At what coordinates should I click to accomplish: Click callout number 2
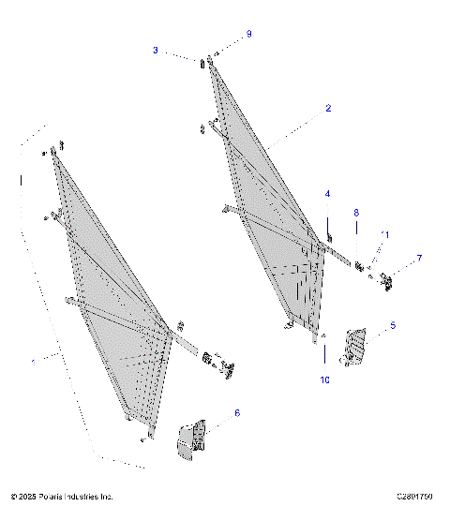tap(328, 109)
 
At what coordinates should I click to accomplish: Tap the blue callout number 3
tap(156, 50)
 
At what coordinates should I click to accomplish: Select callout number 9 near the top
tap(248, 34)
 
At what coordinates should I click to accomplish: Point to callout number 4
tap(327, 194)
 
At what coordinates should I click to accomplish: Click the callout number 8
tap(356, 213)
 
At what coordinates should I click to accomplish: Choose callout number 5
tap(392, 325)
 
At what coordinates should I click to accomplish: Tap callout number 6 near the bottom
tap(236, 412)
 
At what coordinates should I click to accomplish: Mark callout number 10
tap(324, 379)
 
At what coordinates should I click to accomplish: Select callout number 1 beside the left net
tap(35, 361)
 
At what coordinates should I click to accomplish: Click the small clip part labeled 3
tap(202, 64)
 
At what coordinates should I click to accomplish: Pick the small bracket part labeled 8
tap(358, 266)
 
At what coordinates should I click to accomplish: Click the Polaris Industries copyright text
tap(62, 496)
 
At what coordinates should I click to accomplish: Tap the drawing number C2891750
tap(415, 496)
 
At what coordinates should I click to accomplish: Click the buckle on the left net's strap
tap(226, 370)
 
